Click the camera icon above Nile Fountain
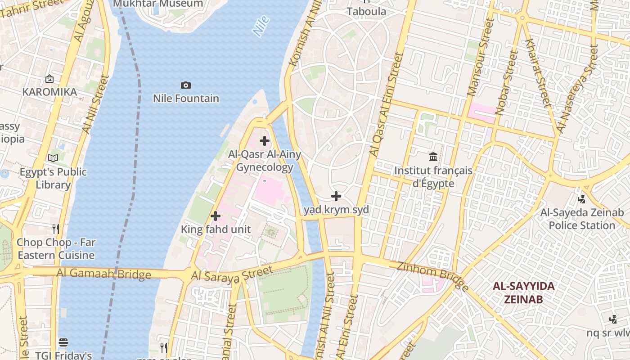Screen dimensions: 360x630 click(185, 85)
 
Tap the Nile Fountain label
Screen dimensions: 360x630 click(186, 98)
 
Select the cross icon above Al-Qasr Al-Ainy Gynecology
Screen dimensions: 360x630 click(265, 141)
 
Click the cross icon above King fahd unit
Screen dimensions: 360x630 click(216, 216)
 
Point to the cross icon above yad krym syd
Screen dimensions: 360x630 click(336, 196)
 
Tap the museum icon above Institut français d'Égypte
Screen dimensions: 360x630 click(433, 157)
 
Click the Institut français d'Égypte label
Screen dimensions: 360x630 click(433, 177)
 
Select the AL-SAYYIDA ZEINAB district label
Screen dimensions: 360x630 click(523, 292)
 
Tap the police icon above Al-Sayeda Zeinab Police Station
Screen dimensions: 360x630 click(581, 198)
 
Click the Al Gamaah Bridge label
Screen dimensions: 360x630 click(103, 274)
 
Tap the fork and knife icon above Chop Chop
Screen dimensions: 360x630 click(55, 229)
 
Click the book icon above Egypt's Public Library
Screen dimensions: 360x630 click(53, 158)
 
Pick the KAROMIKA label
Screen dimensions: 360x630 click(49, 92)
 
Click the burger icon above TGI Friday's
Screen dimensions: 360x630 click(63, 342)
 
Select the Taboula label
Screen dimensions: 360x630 click(366, 11)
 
